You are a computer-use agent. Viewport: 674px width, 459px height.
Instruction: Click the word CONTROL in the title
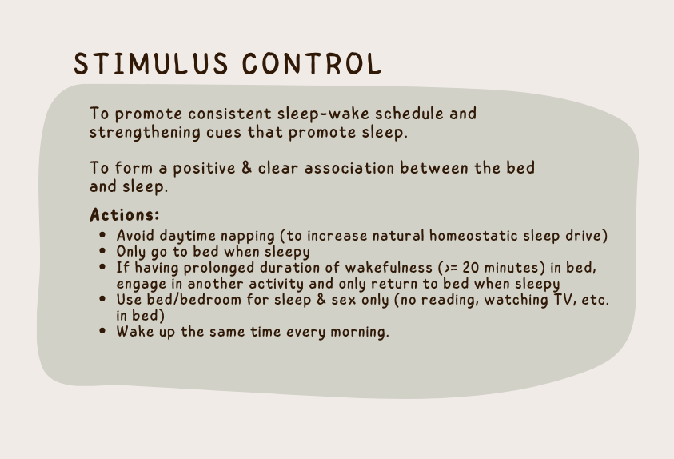(312, 64)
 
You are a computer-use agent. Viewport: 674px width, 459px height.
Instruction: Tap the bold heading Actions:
(125, 214)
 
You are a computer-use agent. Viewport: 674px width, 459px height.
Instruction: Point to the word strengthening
(145, 133)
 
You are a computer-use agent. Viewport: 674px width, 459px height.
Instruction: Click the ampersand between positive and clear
(247, 168)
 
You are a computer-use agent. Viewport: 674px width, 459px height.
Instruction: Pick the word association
(349, 168)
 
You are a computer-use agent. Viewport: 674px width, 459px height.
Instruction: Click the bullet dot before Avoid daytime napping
(102, 234)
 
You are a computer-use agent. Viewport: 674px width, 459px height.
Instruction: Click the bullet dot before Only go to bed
(102, 250)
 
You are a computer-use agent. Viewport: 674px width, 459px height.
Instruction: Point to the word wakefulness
(389, 268)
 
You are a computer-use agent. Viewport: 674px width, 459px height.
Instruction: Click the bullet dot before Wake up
(102, 330)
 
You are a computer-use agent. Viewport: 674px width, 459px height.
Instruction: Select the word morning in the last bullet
(357, 332)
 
